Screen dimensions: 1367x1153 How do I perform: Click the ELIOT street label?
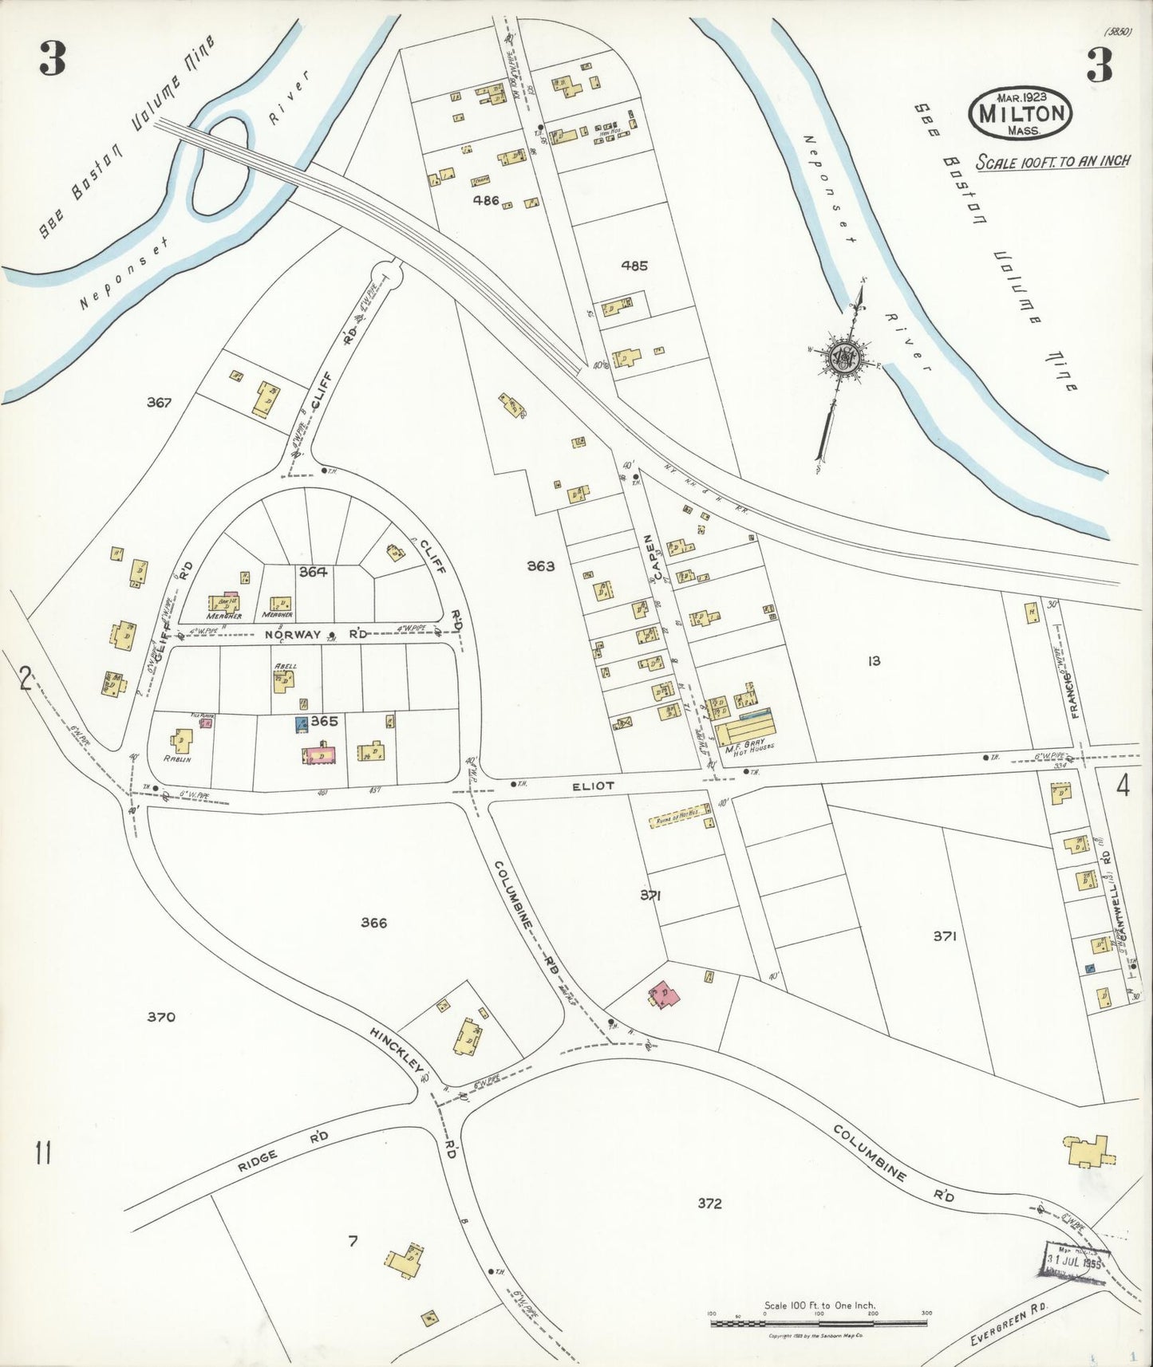(x=594, y=786)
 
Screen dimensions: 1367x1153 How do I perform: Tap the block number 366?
(x=373, y=923)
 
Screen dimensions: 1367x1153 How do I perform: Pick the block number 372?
(x=709, y=1204)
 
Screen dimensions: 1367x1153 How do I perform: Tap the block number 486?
(x=485, y=200)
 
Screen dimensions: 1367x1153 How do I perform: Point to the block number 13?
(x=875, y=660)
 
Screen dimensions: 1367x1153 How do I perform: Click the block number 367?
(x=159, y=403)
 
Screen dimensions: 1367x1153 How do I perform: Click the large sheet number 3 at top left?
(x=52, y=61)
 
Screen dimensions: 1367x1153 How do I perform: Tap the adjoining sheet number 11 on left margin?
(x=43, y=1153)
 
